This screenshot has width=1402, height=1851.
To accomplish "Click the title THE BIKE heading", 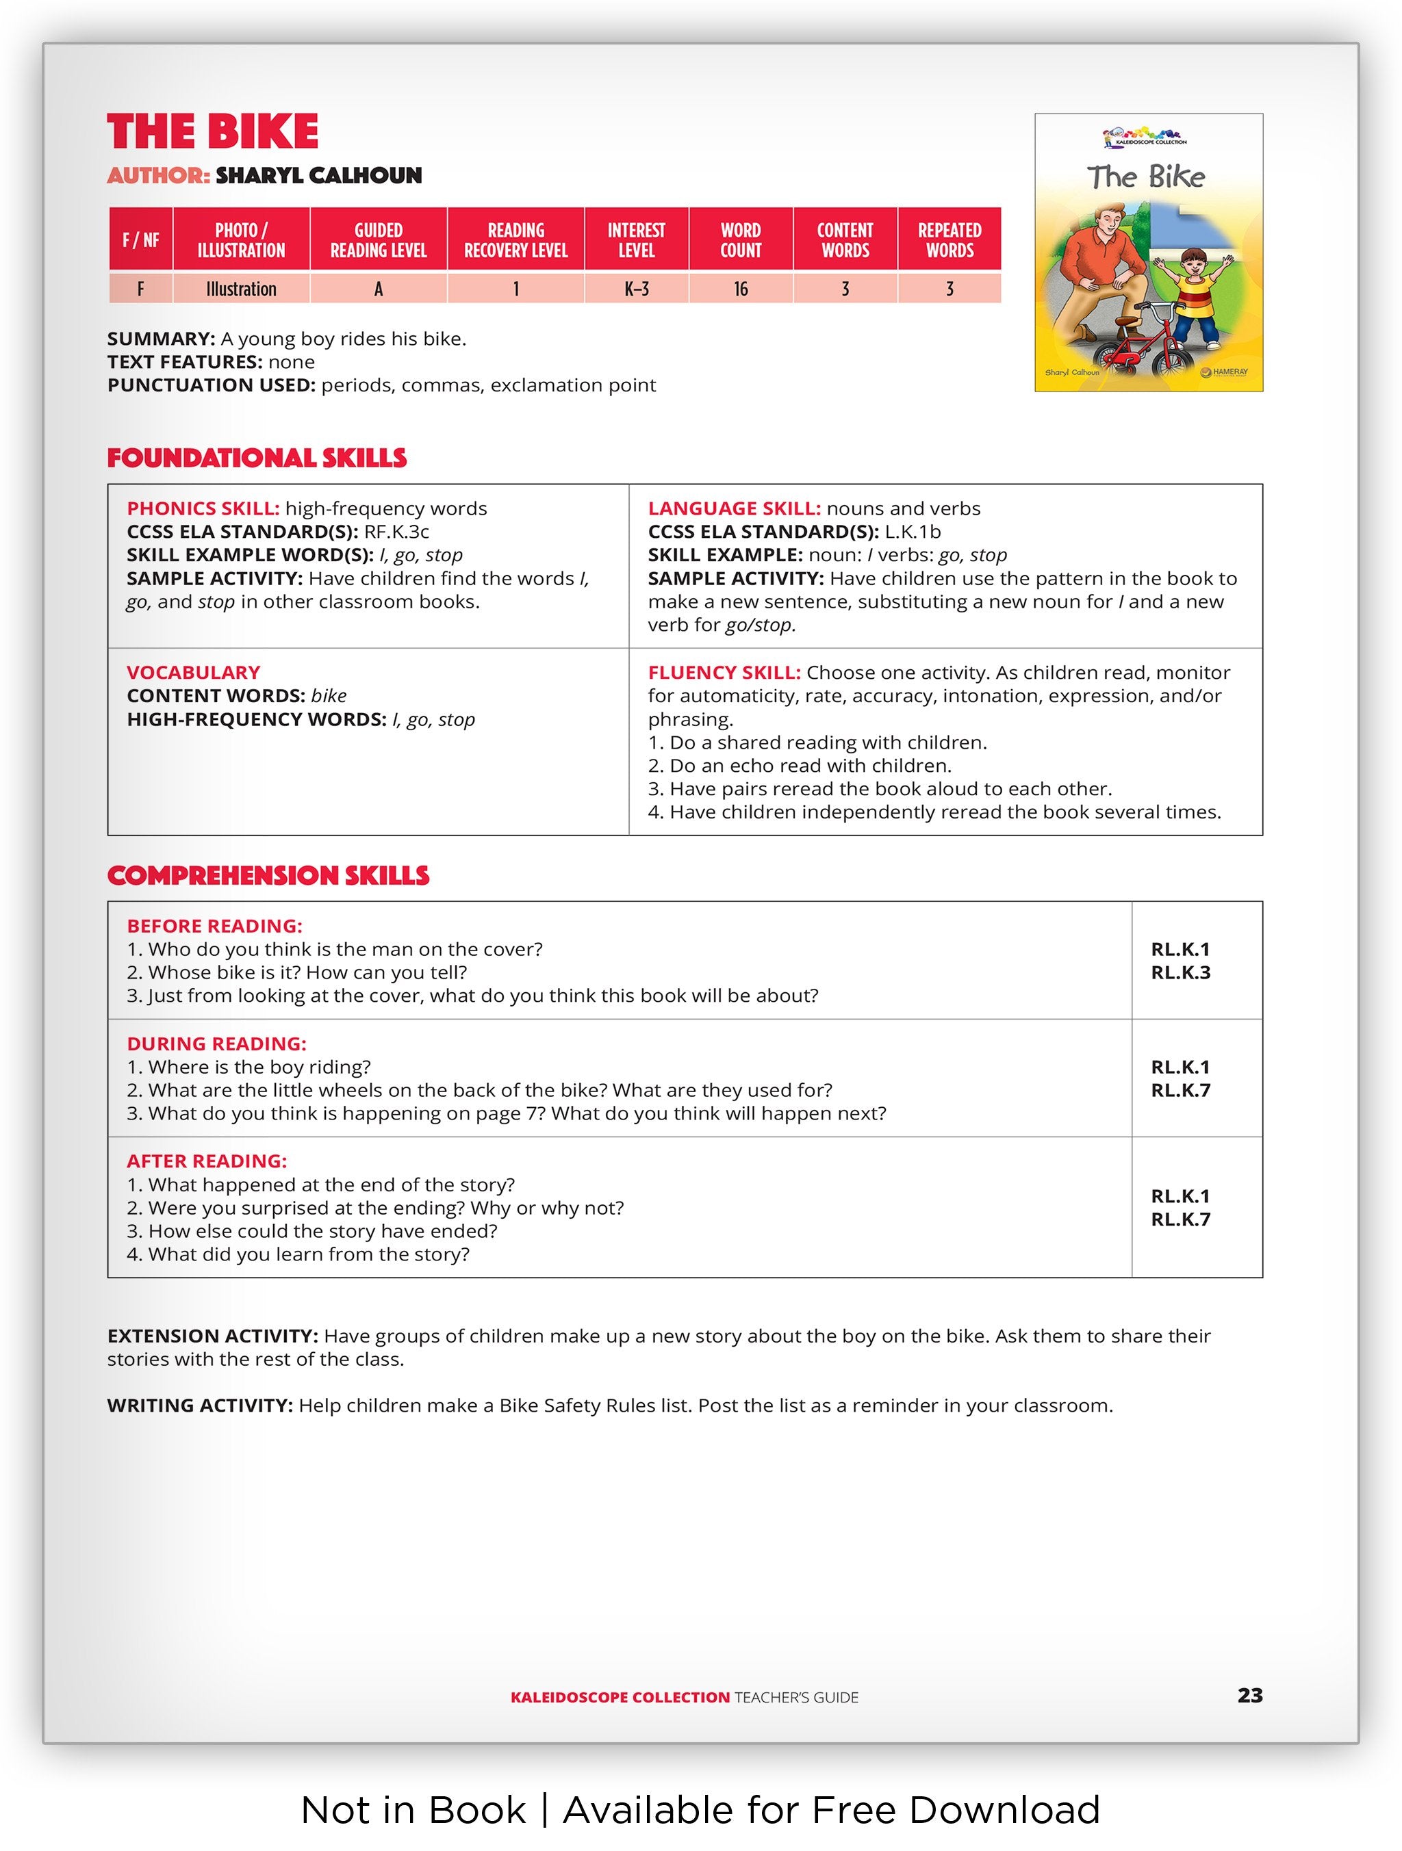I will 213,132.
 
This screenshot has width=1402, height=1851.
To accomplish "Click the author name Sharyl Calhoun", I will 318,176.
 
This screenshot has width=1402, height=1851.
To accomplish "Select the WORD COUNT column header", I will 740,240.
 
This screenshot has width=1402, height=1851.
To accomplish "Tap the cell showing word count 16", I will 740,289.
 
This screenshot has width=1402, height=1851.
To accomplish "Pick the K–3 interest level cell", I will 636,289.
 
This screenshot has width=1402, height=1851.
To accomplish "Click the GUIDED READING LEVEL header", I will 379,240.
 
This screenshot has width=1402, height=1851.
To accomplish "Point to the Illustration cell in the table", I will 241,289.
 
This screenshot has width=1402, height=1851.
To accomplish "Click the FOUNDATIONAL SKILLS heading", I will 257,458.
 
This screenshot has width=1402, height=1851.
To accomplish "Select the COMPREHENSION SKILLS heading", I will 268,876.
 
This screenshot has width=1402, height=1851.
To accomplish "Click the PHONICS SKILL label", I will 203,509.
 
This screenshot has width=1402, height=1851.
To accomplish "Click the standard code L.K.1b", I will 913,532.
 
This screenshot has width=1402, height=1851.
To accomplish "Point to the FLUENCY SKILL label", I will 724,673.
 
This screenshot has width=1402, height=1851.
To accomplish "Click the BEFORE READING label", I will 214,927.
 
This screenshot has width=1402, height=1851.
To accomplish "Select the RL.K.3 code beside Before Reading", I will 1180,973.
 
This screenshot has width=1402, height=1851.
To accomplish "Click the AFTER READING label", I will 207,1161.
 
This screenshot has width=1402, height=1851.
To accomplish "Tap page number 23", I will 1249,1696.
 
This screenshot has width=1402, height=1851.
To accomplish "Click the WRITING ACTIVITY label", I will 199,1406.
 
